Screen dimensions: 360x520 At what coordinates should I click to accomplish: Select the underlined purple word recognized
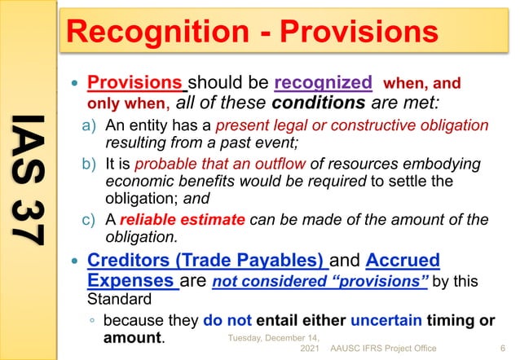tap(324, 83)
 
